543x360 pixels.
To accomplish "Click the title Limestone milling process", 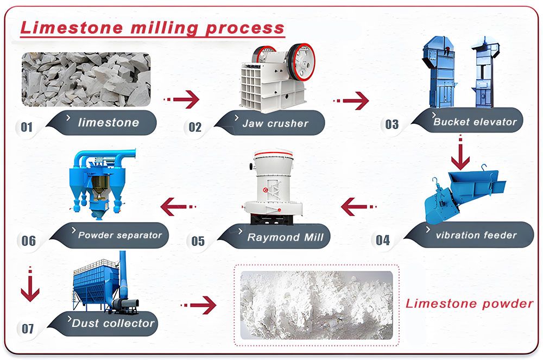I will coord(152,28).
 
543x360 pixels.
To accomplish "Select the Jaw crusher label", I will coord(275,123).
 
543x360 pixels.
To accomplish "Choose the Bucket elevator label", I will coord(475,122).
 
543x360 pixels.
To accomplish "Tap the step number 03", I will coord(392,125).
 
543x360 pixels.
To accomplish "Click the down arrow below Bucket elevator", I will coord(460,154).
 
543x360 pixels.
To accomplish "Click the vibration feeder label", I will coord(476,235).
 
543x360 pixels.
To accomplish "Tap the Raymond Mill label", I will coord(285,237).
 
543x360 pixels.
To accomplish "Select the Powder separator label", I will coord(119,235).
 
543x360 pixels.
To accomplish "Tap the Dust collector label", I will coord(113,323).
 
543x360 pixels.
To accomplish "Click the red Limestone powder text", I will coord(469,304).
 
